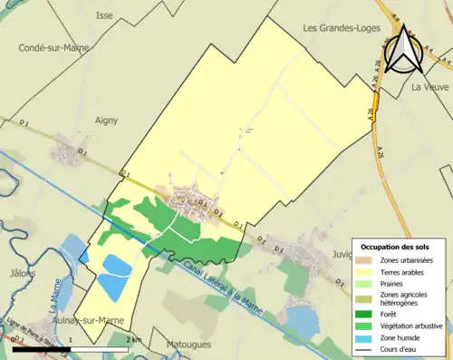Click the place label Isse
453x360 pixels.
[x=104, y=15]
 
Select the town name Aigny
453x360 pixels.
[x=107, y=119]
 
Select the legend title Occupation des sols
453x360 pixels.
[x=398, y=246]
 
